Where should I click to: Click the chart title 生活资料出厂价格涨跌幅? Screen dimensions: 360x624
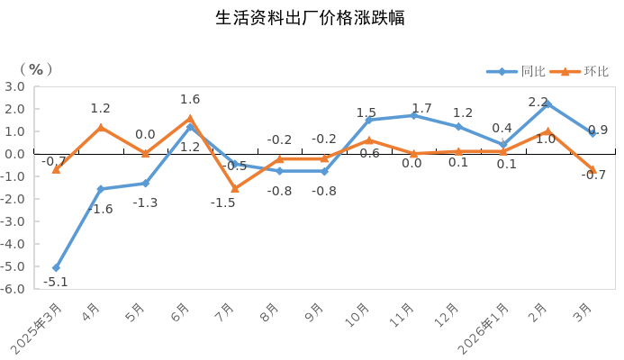point(311,18)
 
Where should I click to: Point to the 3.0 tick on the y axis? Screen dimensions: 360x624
point(14,86)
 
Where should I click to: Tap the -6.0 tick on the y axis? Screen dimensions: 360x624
point(14,289)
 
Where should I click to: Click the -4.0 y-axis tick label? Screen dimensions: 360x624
point(14,244)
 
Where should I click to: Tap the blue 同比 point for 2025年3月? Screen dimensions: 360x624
point(56,268)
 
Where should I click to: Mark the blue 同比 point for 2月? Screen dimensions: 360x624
point(547,103)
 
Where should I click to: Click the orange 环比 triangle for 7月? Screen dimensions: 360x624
point(235,188)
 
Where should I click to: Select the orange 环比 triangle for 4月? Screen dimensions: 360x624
point(101,127)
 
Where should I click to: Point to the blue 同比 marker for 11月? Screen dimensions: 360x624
point(413,115)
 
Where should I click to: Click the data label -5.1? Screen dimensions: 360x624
point(55,282)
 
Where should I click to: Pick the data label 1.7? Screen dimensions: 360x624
point(421,108)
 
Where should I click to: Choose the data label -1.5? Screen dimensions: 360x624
point(222,203)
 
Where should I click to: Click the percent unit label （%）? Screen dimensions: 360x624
point(36,68)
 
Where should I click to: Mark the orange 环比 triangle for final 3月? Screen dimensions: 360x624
point(592,169)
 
